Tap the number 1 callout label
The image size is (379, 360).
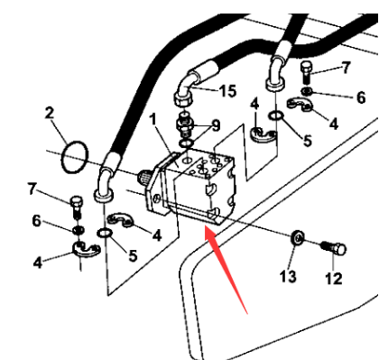point(153,118)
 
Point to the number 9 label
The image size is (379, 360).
point(215,125)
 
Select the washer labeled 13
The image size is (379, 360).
point(296,239)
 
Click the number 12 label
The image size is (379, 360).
point(334,279)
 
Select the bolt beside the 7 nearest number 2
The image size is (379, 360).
point(78,204)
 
